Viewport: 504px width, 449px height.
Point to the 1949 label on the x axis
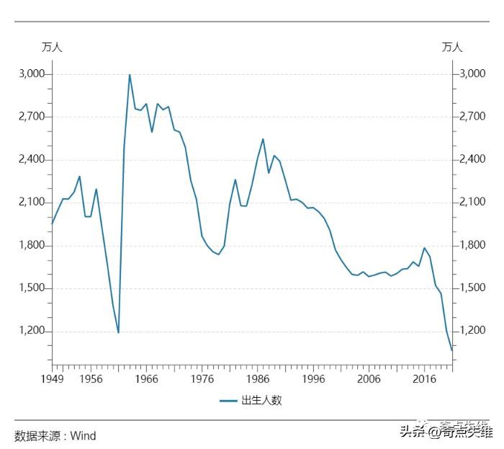(x=52, y=379)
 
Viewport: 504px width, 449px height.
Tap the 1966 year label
(x=146, y=379)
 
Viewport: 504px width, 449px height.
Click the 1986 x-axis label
(x=257, y=379)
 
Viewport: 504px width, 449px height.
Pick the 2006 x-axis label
(x=369, y=379)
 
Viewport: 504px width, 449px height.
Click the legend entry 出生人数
(x=261, y=401)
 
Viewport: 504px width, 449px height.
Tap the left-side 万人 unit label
(x=52, y=48)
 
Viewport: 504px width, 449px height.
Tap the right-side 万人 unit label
(x=452, y=48)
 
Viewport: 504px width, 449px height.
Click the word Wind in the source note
(x=83, y=436)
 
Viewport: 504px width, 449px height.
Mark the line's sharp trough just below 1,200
(x=118, y=332)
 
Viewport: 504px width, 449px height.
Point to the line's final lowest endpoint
(x=451, y=350)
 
